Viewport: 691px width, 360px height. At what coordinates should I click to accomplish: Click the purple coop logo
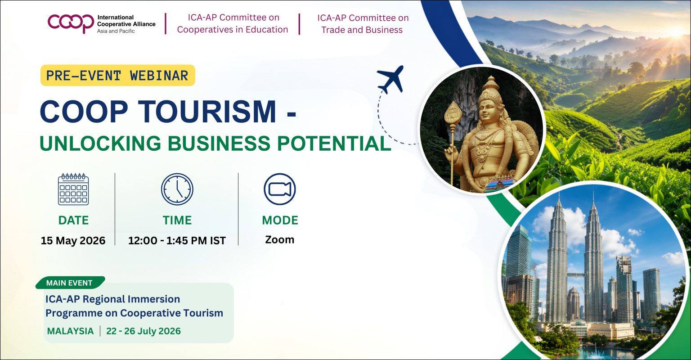(x=71, y=23)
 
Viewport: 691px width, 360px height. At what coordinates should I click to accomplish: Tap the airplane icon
(x=390, y=79)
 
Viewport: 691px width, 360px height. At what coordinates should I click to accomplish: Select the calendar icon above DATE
(x=73, y=189)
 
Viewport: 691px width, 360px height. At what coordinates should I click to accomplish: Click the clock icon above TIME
(x=177, y=189)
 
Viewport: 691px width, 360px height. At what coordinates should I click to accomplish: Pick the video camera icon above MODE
(x=280, y=189)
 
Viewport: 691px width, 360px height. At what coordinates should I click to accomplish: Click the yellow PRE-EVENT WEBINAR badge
(x=117, y=75)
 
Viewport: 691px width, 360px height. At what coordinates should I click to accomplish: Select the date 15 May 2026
(x=73, y=240)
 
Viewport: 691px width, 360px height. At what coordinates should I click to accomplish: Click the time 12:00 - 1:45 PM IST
(x=177, y=240)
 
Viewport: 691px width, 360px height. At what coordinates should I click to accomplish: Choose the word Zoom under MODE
(x=280, y=239)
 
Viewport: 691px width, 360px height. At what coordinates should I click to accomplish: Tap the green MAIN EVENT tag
(x=70, y=283)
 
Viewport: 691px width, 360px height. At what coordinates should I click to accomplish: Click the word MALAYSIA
(x=70, y=331)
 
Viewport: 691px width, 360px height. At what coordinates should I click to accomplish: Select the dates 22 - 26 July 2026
(x=144, y=331)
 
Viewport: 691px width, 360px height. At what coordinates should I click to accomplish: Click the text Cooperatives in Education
(x=233, y=30)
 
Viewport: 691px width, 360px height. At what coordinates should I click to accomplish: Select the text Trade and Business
(x=362, y=30)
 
